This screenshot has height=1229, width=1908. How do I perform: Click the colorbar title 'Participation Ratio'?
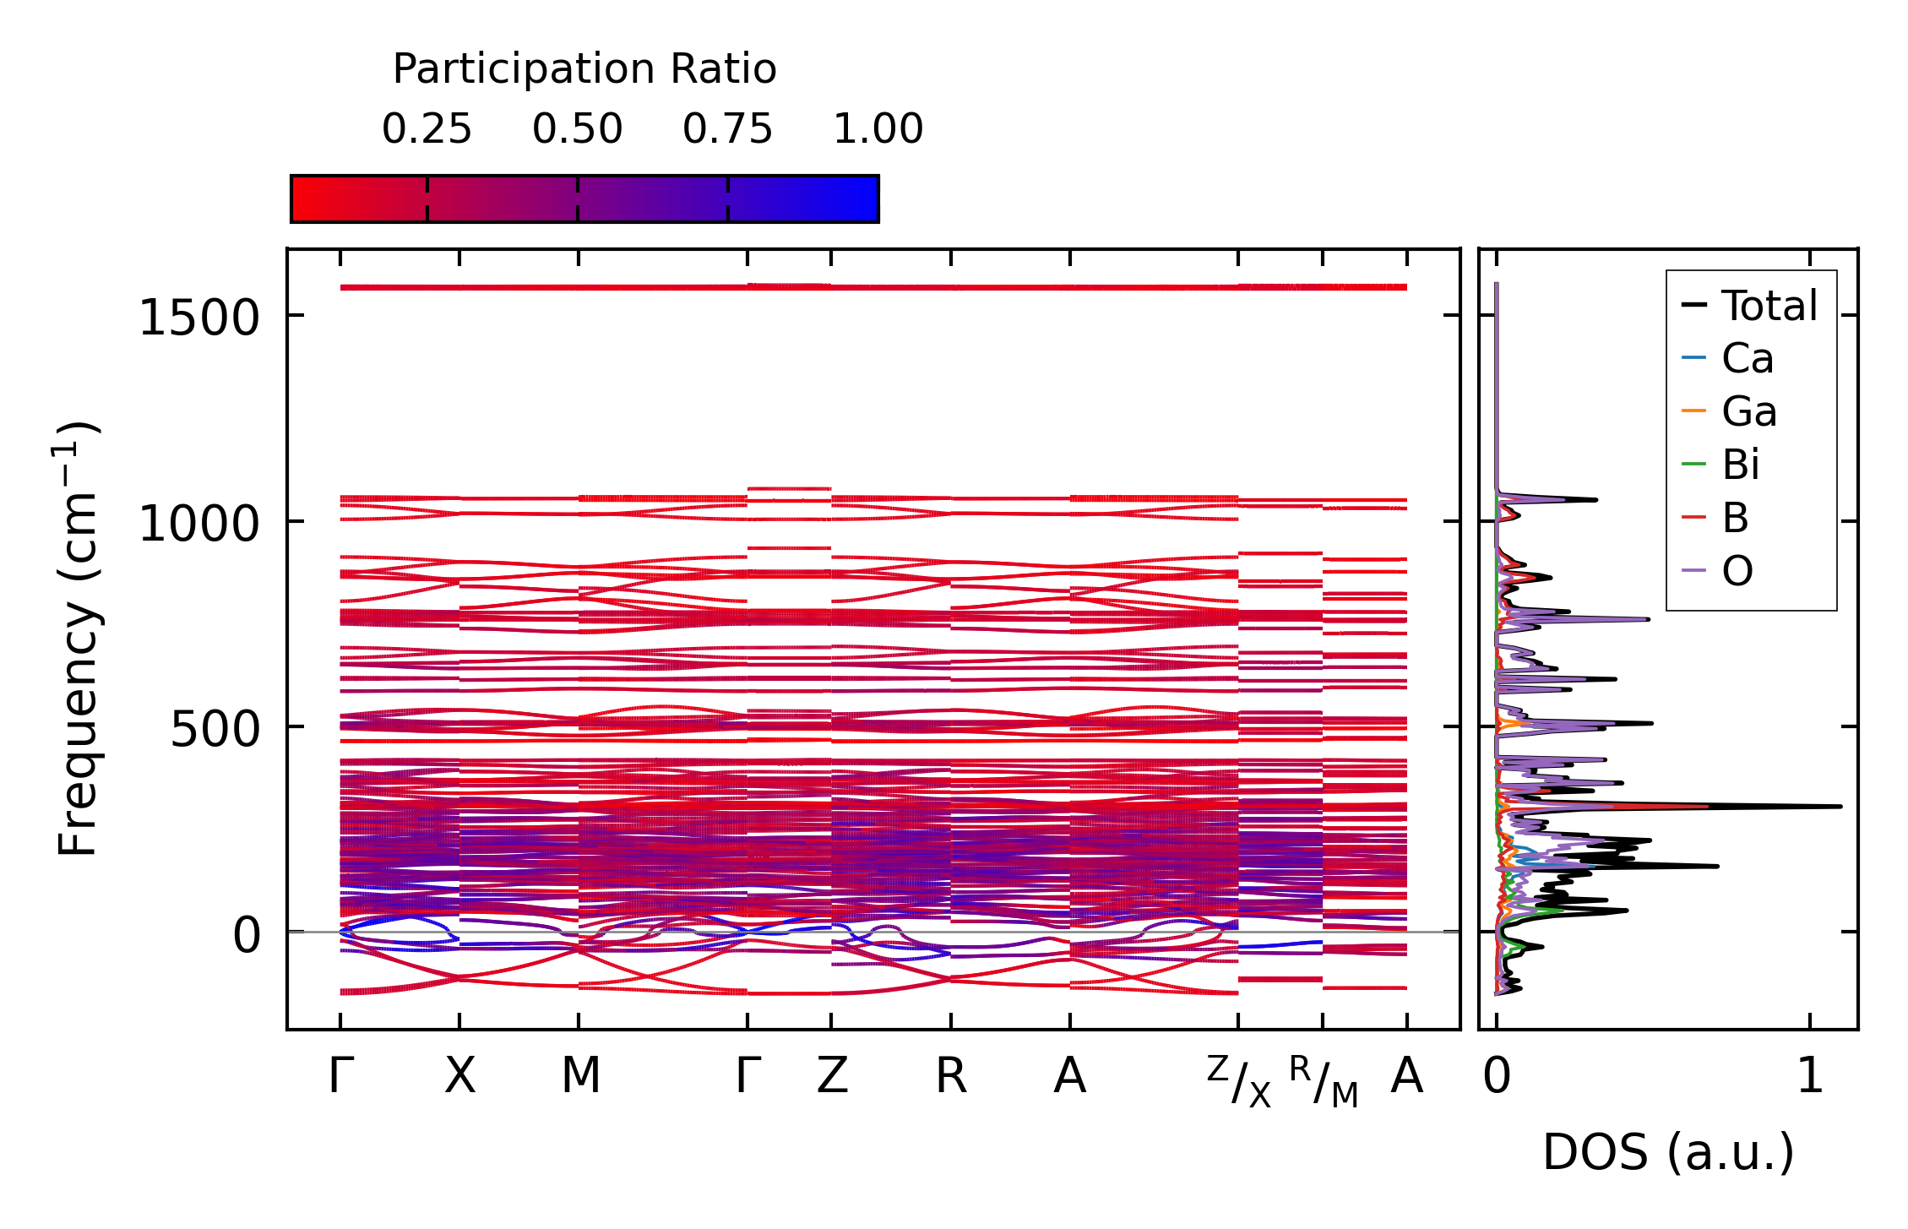(584, 69)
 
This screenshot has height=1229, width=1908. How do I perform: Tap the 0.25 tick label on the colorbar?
(427, 129)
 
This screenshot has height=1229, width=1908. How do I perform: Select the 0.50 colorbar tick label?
(577, 129)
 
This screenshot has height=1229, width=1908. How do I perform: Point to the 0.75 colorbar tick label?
(727, 129)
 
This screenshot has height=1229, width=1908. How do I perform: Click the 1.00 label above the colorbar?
(878, 129)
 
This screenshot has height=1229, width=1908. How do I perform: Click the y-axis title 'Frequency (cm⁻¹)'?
(78, 639)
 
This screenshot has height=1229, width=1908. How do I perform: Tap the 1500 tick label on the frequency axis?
(198, 318)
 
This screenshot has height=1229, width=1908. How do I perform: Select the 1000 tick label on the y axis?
(198, 524)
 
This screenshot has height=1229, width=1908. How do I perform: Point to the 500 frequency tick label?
(215, 729)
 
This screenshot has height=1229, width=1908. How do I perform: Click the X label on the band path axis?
(460, 1076)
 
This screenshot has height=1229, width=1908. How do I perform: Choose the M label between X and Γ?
(581, 1076)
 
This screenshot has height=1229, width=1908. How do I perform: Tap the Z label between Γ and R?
(832, 1076)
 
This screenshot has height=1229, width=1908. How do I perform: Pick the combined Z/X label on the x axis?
(1238, 1081)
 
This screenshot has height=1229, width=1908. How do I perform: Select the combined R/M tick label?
(1324, 1081)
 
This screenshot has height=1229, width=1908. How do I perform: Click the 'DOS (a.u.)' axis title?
(1668, 1152)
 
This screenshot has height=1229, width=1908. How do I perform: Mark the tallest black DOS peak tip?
(1840, 806)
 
